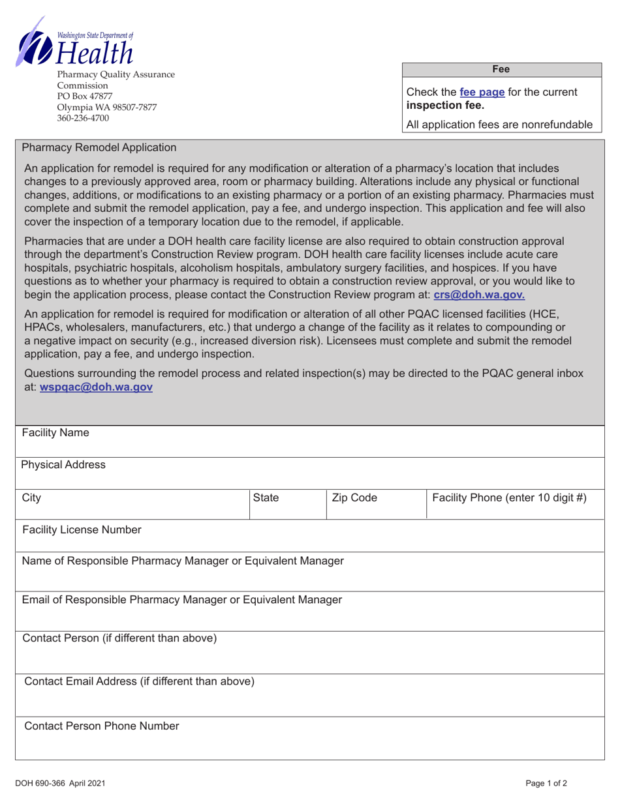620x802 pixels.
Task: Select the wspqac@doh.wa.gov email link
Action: [x=97, y=387]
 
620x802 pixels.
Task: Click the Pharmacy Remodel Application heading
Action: [x=99, y=148]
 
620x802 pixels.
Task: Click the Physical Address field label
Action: [x=63, y=464]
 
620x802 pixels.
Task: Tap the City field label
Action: [x=31, y=498]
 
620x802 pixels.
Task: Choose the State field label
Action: [x=266, y=498]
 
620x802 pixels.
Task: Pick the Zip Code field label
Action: [x=355, y=498]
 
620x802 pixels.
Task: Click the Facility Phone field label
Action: [x=509, y=498]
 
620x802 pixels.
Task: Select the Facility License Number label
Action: [x=82, y=529]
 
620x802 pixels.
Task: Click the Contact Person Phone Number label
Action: [x=101, y=726]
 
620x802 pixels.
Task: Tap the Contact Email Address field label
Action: [x=139, y=681]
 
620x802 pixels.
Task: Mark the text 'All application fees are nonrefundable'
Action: [x=499, y=125]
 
